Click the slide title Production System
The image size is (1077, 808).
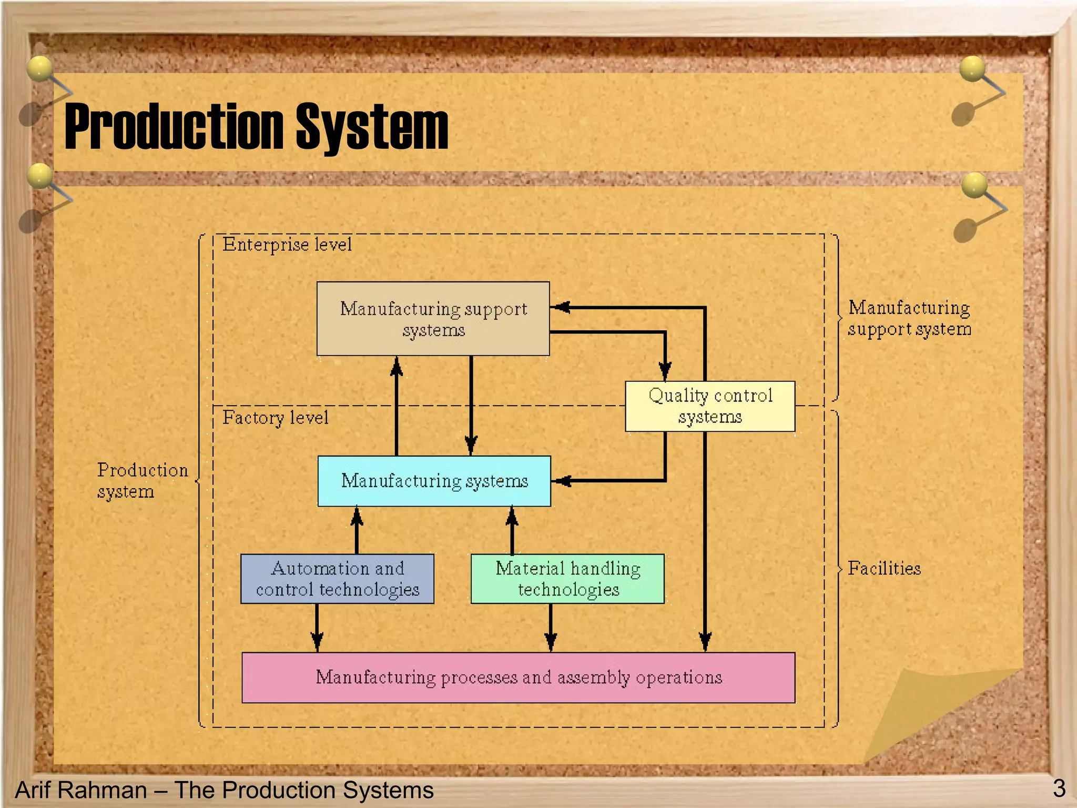point(256,126)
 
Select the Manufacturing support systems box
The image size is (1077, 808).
point(433,319)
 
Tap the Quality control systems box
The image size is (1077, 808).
point(709,406)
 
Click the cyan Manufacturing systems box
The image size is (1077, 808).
point(434,481)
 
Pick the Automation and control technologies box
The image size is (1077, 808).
point(337,579)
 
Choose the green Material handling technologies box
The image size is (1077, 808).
point(567,579)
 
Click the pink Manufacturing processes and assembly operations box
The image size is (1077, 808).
point(518,678)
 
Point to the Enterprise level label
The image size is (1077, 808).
point(287,245)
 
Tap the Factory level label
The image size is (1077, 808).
point(275,418)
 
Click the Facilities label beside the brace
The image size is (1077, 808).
point(884,569)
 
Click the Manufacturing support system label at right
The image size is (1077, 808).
point(909,318)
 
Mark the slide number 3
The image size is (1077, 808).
point(1059,788)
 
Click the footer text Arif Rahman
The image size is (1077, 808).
point(82,790)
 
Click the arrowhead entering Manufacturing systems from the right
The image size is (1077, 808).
point(562,481)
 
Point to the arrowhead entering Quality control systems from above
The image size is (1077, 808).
point(665,371)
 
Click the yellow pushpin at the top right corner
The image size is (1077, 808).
point(972,69)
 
